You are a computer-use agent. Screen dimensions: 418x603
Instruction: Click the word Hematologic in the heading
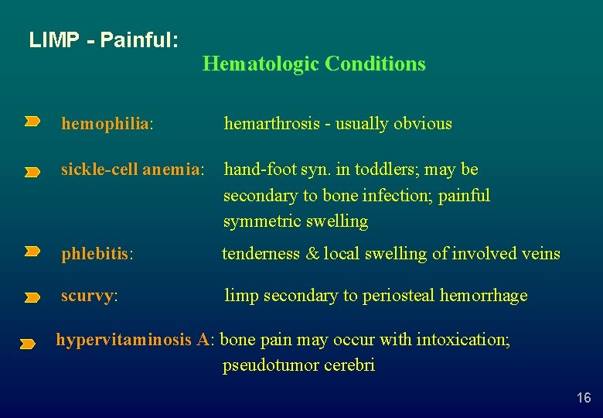[x=261, y=63]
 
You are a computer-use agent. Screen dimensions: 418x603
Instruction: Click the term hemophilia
[x=105, y=124]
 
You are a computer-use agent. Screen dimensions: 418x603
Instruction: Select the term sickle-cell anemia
[x=131, y=170]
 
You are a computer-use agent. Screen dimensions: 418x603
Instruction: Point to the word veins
[x=540, y=254]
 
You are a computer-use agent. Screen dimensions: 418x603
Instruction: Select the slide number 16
[x=584, y=398]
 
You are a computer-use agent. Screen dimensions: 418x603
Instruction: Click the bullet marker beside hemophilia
[x=32, y=121]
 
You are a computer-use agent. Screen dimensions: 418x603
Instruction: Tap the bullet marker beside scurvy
[x=32, y=297]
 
